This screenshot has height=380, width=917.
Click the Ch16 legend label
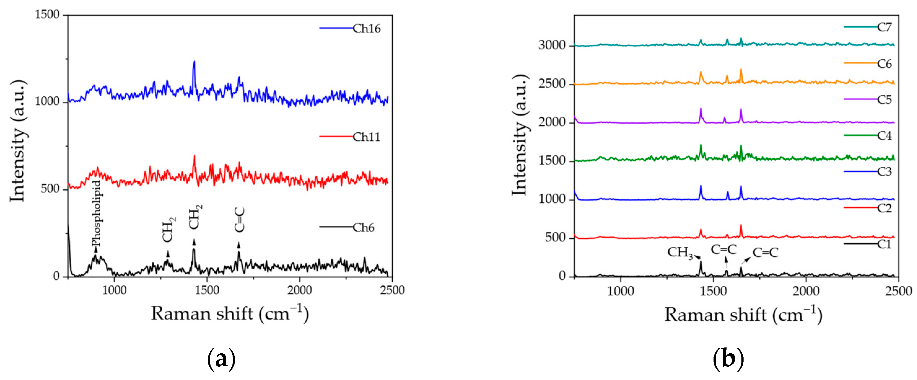click(366, 29)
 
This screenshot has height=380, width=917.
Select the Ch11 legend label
click(366, 137)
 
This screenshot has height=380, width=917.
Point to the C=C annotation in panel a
click(240, 220)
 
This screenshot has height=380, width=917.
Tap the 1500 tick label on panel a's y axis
click(47, 15)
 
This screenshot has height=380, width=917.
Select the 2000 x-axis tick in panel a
click(300, 290)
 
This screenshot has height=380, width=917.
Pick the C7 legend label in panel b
click(884, 27)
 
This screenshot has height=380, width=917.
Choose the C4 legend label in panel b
click(884, 136)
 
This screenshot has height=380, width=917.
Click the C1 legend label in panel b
click(884, 244)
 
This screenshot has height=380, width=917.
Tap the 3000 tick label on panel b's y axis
click(552, 45)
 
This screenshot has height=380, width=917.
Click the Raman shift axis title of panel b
click(743, 315)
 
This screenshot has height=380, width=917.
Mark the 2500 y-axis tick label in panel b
click(552, 84)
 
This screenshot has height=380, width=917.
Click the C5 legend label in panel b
click(884, 99)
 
